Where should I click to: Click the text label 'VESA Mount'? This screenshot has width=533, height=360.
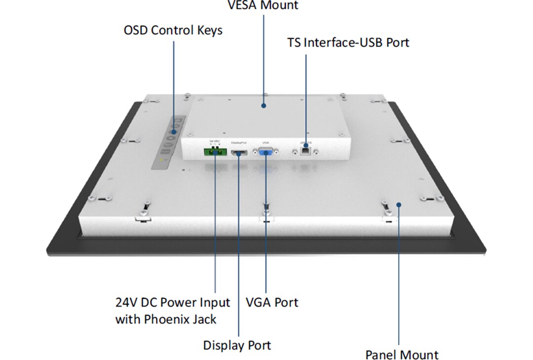tap(263, 5)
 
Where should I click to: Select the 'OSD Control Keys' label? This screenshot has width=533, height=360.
tap(173, 30)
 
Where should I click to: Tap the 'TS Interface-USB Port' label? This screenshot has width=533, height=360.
tap(348, 42)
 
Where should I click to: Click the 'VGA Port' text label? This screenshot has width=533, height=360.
tap(272, 302)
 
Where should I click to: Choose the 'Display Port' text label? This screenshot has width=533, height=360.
tap(237, 345)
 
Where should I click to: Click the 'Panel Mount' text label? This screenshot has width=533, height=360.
tap(402, 355)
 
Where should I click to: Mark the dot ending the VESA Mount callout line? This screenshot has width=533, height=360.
tap(264, 105)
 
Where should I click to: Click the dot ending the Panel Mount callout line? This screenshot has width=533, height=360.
tap(399, 203)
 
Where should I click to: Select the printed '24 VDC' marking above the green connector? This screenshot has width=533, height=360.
tap(215, 141)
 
